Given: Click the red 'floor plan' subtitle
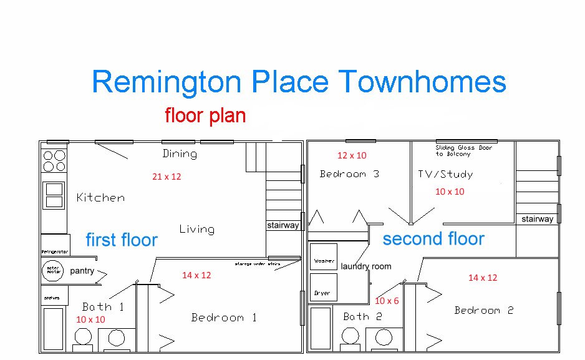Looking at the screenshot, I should (205, 115).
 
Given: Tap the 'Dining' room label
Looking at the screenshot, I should (180, 153).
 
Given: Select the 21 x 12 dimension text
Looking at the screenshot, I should (167, 177).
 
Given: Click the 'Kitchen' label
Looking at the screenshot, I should (100, 198).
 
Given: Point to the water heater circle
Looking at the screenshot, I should (52, 271).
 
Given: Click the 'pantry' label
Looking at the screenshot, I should (82, 271).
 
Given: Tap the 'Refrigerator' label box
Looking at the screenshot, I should (54, 251).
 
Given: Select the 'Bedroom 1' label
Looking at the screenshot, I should (224, 318).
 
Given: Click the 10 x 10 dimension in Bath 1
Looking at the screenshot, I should (90, 319).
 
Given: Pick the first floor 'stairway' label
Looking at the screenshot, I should (283, 225).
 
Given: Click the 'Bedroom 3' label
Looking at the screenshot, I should (349, 174).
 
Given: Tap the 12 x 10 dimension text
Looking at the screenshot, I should (352, 155).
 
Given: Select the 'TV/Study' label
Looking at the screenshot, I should (445, 174).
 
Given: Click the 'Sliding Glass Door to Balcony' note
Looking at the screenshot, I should (463, 150).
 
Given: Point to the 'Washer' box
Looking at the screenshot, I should (324, 261).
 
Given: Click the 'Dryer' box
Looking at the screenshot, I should (322, 293).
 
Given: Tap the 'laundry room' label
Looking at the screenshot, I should (366, 266).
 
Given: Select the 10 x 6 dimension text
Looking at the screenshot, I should (387, 301).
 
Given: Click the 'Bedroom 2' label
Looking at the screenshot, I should (483, 311).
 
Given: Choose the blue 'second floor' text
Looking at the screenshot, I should (433, 238).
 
